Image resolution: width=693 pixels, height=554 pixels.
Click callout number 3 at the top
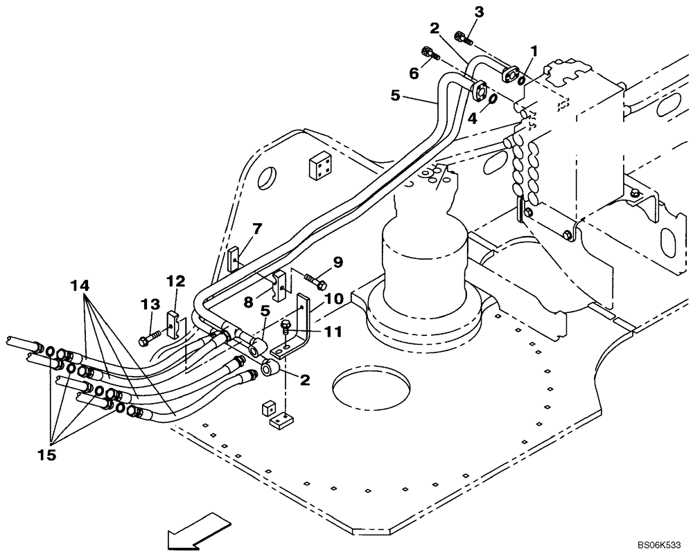[479, 11]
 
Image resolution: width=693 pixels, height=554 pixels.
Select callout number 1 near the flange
[534, 51]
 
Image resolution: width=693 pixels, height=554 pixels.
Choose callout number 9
[337, 262]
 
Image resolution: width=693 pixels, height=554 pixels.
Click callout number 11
[333, 332]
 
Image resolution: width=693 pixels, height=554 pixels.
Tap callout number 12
[176, 280]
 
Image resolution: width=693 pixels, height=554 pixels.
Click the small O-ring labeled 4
[492, 100]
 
